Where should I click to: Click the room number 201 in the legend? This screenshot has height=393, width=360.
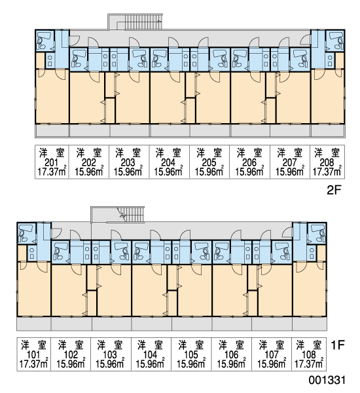(x=51, y=162)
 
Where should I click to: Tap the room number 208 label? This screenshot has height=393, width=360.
(x=327, y=162)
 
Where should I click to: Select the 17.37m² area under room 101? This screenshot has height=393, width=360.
(x=33, y=364)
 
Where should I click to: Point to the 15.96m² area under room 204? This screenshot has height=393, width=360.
(x=168, y=172)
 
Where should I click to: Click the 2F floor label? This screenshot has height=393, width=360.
(x=334, y=191)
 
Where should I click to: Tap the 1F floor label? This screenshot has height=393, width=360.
(x=338, y=345)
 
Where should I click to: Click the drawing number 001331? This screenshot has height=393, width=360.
(x=327, y=380)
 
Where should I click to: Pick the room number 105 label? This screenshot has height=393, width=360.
(x=191, y=355)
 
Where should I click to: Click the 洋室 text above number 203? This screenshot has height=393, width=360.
(x=128, y=153)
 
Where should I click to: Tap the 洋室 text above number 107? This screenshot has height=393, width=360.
(x=272, y=345)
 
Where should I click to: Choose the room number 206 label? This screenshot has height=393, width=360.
(x=249, y=162)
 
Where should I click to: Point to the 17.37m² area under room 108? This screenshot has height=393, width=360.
(x=309, y=364)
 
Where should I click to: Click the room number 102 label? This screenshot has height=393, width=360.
(x=71, y=355)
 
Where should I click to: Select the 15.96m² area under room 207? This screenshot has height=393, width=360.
(x=290, y=172)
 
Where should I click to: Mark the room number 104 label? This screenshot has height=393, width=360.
(x=151, y=355)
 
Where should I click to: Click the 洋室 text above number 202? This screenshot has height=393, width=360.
(x=89, y=153)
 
